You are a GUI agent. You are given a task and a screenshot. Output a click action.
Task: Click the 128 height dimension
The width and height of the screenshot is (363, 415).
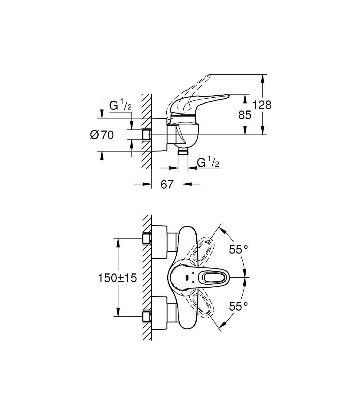(262, 105)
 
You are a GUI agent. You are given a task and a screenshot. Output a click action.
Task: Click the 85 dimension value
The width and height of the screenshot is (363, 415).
(245, 115)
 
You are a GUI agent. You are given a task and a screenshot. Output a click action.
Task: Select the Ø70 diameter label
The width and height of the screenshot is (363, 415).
(102, 135)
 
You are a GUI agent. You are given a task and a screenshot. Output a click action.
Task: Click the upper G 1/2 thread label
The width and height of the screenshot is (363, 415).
(120, 106)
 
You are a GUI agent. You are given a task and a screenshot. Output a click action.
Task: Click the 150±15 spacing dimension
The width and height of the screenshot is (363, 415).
(117, 278)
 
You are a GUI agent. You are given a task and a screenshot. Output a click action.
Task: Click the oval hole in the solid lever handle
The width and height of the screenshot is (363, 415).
(212, 278)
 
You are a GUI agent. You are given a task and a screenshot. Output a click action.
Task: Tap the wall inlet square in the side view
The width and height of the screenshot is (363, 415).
(147, 135)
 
